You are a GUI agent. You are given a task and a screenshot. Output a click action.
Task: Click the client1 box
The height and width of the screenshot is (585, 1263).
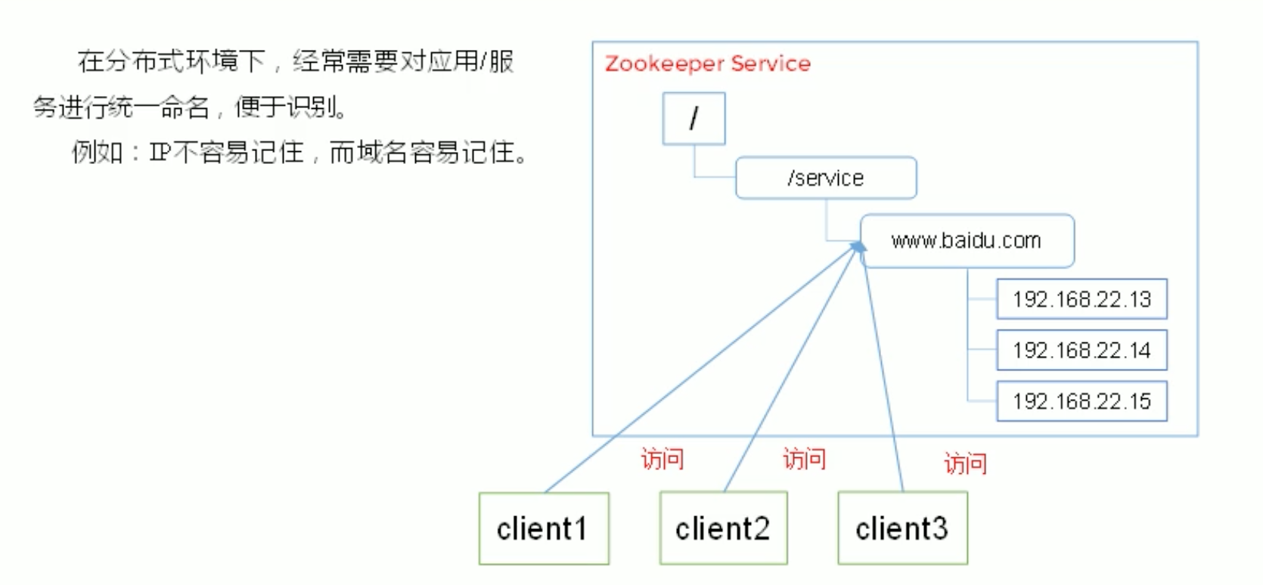[x=543, y=528]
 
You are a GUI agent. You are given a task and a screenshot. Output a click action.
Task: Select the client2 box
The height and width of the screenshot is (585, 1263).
[x=723, y=528]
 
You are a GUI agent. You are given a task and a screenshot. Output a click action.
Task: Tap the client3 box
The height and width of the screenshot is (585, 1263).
[x=902, y=528]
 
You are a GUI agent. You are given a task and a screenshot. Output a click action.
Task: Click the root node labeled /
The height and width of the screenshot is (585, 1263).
[x=694, y=119]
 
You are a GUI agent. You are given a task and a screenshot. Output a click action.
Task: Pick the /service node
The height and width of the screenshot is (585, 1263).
[x=826, y=178]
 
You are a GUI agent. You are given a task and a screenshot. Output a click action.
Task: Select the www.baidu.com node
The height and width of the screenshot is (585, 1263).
[x=967, y=241]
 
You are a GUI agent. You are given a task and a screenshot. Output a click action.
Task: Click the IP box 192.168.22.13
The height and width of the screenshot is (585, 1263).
[x=1081, y=299]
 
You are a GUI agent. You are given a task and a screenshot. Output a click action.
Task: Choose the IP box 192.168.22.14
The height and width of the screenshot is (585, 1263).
[x=1081, y=350]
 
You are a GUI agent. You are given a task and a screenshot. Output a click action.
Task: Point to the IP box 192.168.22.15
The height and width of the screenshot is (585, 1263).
[x=1081, y=401]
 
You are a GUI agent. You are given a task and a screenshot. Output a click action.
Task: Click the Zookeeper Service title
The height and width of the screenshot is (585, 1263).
[x=707, y=63]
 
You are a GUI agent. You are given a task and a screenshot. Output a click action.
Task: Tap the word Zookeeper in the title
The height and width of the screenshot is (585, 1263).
[x=665, y=63]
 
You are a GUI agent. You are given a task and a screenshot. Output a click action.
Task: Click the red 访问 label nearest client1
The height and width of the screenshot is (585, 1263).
[x=663, y=458]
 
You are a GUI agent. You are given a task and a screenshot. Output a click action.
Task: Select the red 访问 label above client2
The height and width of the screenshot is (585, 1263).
[x=804, y=458]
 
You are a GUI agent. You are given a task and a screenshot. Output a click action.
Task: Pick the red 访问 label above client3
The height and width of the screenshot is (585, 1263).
[x=965, y=463]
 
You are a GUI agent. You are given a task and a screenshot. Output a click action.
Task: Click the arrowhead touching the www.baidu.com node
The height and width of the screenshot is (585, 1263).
[x=858, y=247]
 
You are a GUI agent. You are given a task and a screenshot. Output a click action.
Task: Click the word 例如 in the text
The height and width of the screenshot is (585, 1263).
[x=97, y=153]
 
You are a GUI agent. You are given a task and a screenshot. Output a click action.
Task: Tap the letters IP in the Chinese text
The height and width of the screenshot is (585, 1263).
[x=160, y=153]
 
